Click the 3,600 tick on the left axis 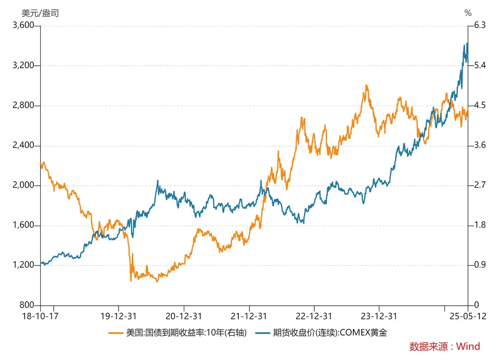[23, 25]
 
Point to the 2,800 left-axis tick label [23, 106]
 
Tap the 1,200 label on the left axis [23, 265]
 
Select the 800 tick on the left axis [28, 305]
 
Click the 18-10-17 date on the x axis [40, 316]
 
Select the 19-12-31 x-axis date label [119, 316]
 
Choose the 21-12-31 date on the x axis [249, 316]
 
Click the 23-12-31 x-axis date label [379, 316]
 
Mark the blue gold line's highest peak [467, 43]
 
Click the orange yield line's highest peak [367, 85]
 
